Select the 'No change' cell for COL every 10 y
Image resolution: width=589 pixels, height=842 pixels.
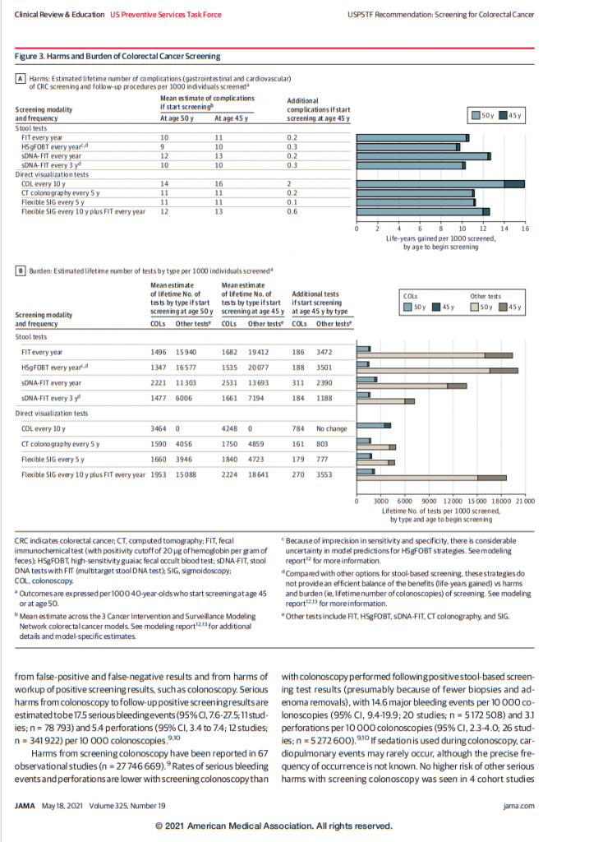pyautogui.click(x=331, y=428)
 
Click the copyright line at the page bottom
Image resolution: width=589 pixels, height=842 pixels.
pyautogui.click(x=294, y=826)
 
